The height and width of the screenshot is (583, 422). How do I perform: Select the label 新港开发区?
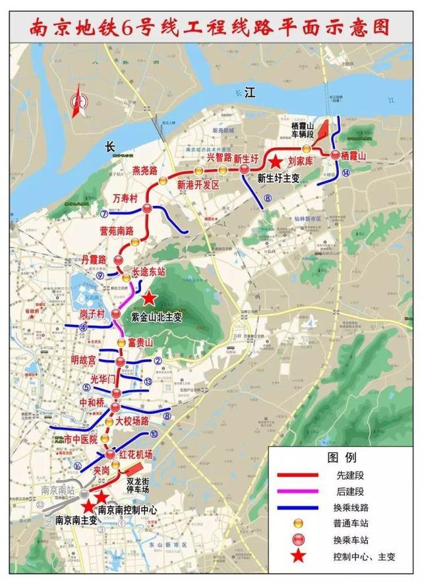tap(198, 185)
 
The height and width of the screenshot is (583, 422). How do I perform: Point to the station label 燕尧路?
tap(144, 171)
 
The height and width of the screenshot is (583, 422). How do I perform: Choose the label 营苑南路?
tap(116, 231)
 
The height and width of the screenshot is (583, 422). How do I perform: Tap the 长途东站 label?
tap(149, 272)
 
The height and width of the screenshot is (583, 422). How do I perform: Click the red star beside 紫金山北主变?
tap(150, 299)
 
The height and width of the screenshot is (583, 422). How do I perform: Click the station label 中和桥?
tap(93, 402)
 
